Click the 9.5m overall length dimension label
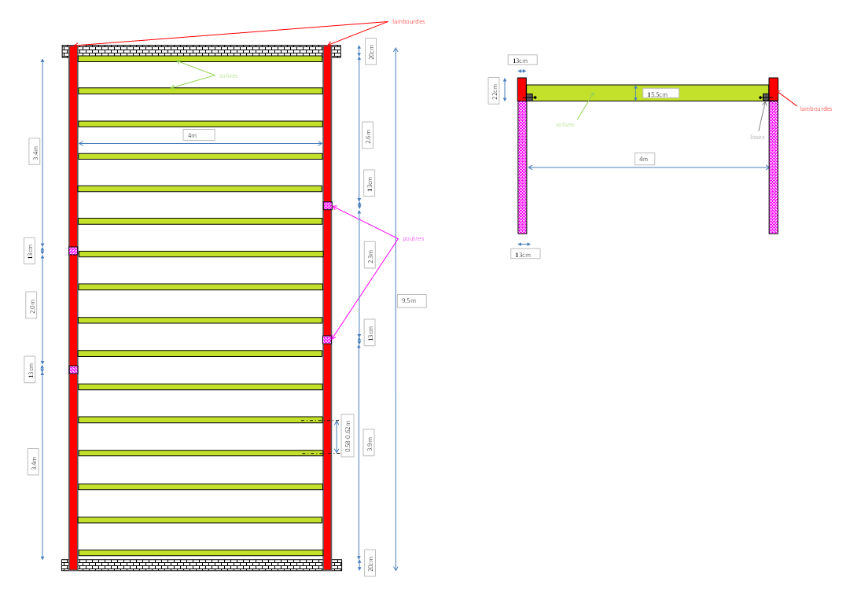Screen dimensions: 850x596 click(412, 301)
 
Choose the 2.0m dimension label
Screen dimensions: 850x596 click(32, 304)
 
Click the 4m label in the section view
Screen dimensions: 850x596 click(643, 159)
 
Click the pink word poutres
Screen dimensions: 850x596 click(414, 238)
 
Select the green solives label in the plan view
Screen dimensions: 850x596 click(228, 75)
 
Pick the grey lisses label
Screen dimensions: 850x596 click(756, 137)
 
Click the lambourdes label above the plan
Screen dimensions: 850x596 click(408, 22)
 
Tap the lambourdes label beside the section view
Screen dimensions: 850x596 click(815, 109)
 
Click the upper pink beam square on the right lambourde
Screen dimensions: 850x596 click(327, 206)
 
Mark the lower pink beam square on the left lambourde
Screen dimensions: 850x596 click(73, 370)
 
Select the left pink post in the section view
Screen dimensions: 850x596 click(522, 167)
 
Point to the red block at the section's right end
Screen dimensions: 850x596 click(774, 89)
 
